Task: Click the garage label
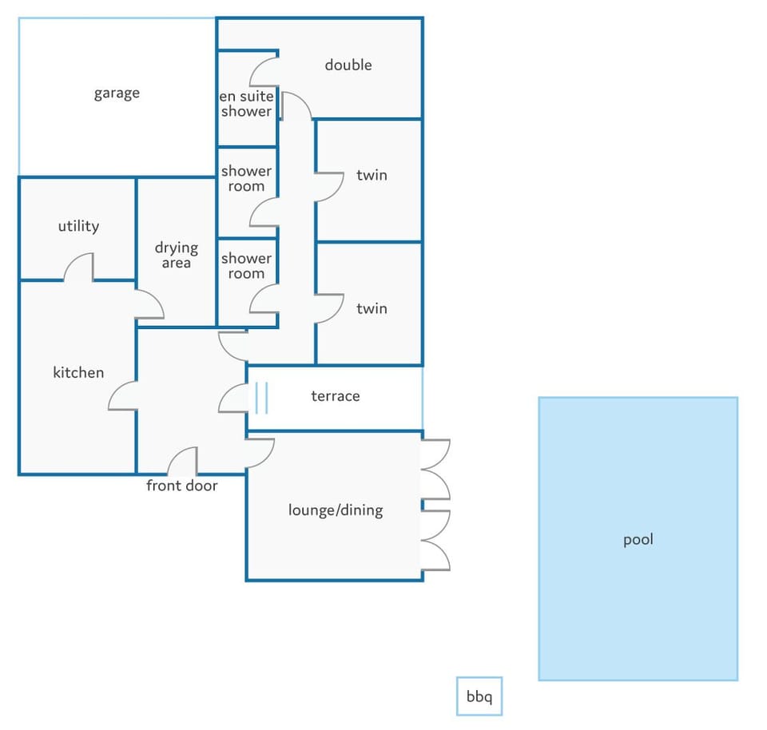coord(117,93)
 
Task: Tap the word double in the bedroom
coord(348,65)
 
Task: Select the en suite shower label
coord(246,104)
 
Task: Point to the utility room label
coord(78,226)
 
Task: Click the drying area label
coord(176,255)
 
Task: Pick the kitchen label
coord(78,372)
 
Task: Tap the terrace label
coord(336,396)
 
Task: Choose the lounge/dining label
coord(336,510)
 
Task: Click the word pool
coord(638,540)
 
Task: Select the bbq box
coord(479,696)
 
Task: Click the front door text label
coord(182,486)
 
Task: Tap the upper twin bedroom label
coord(372,175)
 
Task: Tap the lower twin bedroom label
coord(372,308)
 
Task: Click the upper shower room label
coord(246,178)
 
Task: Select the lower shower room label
coord(246,265)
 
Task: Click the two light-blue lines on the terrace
coord(262,398)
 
